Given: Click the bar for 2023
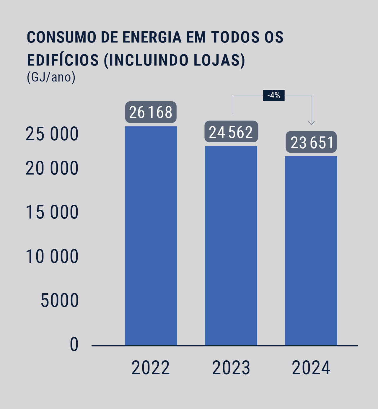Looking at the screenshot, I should tap(231, 245).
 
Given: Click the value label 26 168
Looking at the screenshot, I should tap(151, 112).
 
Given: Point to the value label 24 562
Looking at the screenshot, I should tap(231, 132).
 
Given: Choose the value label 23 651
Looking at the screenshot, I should tap(311, 142).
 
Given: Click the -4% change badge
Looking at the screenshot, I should tap(274, 95).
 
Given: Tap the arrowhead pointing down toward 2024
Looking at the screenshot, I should tap(312, 122).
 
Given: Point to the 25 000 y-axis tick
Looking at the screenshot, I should tap(52, 134).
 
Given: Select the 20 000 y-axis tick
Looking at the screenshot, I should tap(52, 168).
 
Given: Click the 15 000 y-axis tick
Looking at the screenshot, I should tap(52, 212).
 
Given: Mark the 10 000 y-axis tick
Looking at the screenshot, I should tap(52, 256).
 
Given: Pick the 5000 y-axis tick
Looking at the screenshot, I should tap(59, 300).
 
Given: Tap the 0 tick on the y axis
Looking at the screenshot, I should tap(74, 344).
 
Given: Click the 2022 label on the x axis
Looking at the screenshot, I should tap(151, 368).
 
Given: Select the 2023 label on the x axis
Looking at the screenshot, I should tap(231, 368).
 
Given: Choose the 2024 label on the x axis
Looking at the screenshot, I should tap(311, 368).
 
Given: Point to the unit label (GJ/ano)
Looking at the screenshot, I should tap(51, 77).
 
